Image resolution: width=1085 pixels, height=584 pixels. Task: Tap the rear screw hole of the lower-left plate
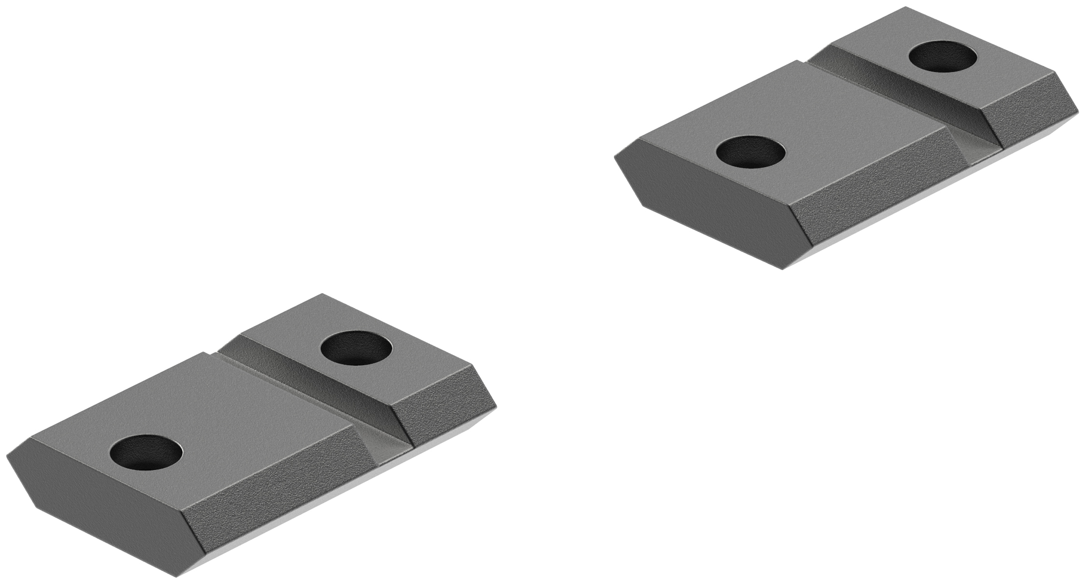(x=356, y=348)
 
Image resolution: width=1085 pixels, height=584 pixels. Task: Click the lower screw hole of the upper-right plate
(x=751, y=150)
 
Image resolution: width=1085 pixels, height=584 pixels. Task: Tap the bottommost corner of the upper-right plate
(x=782, y=269)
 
